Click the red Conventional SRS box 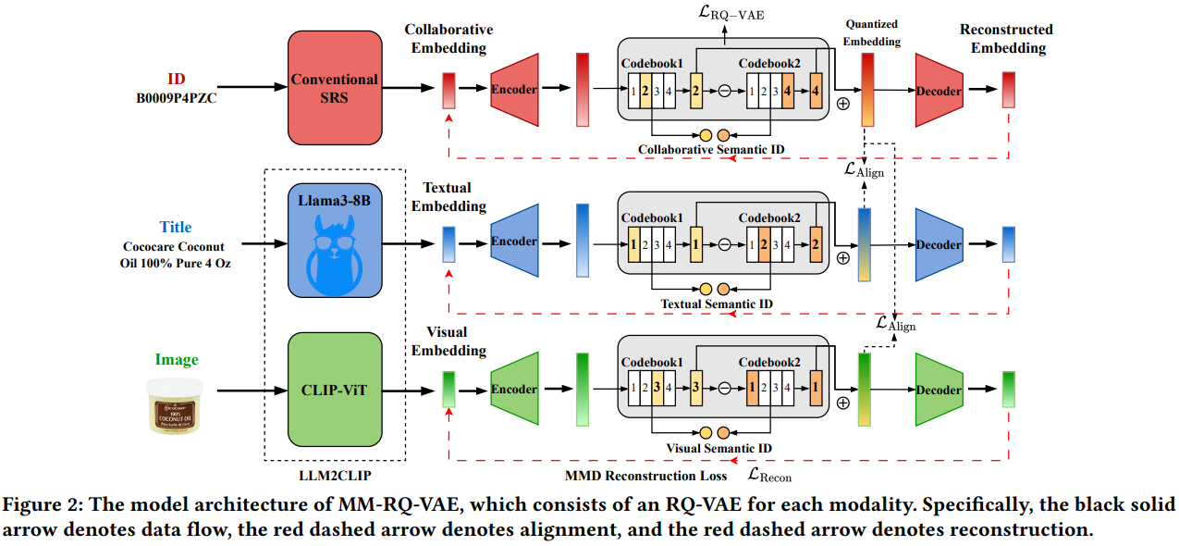[335, 88]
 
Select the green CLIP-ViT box [335, 390]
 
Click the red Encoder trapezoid [513, 90]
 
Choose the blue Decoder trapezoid [939, 245]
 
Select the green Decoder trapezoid [939, 390]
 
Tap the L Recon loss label [770, 476]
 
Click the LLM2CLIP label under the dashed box [335, 475]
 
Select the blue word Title [176, 227]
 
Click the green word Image [176, 360]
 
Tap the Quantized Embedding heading [870, 31]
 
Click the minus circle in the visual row [725, 390]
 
